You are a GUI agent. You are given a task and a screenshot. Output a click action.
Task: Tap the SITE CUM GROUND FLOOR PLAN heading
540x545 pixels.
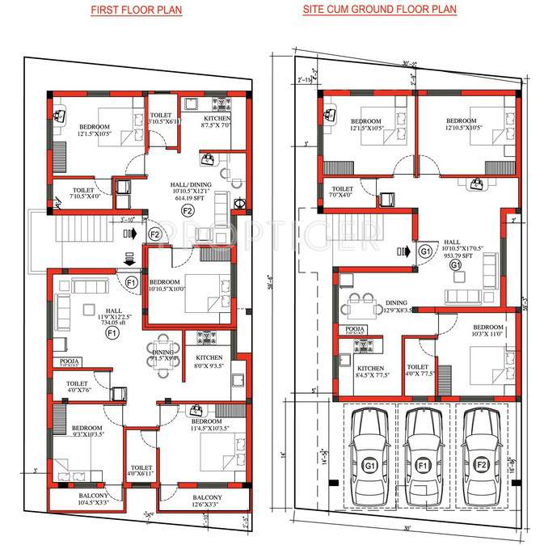pos(379,10)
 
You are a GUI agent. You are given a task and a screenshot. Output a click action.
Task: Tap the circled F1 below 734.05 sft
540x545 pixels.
pos(112,332)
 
